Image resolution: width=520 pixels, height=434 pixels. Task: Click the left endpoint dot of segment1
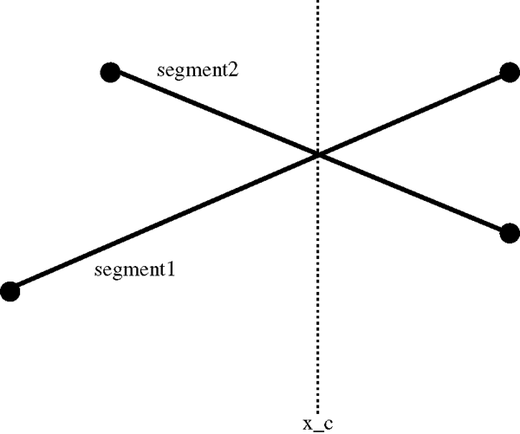tap(10, 291)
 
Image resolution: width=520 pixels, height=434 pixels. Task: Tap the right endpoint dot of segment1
tap(510, 74)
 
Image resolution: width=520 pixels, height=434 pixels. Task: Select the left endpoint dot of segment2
tap(110, 72)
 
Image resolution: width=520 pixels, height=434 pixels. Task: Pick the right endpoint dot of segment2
tap(510, 231)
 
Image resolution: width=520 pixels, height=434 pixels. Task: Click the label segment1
tap(134, 270)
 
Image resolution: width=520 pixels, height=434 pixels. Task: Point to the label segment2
tap(198, 69)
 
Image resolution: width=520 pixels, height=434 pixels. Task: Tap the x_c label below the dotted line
tap(317, 424)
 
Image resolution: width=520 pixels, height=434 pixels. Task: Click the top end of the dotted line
tap(318, 2)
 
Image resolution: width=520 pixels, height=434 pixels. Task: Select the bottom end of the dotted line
tap(318, 412)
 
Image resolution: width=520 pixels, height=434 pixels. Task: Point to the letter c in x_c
tap(328, 424)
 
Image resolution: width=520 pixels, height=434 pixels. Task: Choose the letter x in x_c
tap(307, 424)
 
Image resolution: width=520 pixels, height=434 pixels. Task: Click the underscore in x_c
tap(317, 429)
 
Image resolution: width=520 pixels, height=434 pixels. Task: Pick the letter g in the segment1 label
tap(116, 272)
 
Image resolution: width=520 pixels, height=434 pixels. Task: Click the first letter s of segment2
tap(162, 70)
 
